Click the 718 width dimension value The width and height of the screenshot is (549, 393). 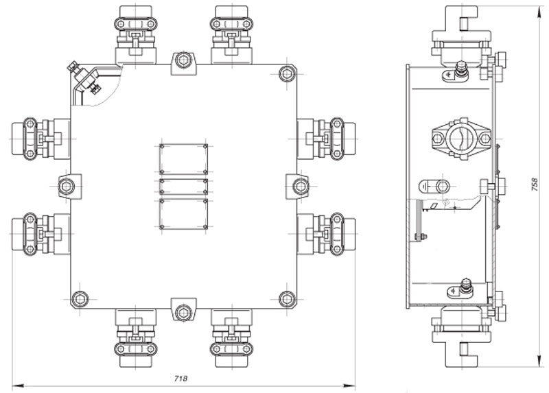180,379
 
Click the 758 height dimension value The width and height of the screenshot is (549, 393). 535,184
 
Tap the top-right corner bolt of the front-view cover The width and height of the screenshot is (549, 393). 287,74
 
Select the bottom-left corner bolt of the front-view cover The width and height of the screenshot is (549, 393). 80,299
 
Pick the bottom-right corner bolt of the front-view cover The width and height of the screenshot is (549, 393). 287,299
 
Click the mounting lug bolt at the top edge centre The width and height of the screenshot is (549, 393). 183,60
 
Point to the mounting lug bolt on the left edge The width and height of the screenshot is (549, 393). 66,186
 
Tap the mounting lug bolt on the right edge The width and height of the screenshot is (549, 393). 301,186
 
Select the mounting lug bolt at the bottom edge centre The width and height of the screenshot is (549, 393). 183,313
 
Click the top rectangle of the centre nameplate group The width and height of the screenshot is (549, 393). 183,159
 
